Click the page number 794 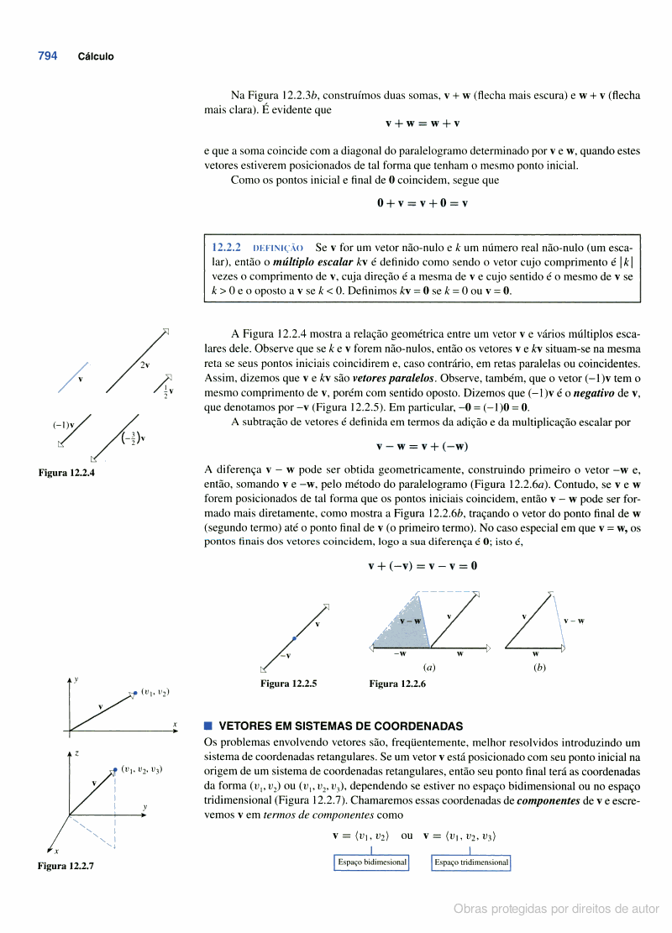click(47, 56)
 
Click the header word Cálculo click(96, 57)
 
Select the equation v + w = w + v click(423, 123)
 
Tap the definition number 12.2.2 click(227, 248)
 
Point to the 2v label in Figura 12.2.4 click(145, 364)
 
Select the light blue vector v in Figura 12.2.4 click(73, 376)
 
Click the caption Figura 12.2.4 click(66, 473)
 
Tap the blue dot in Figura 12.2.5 click(293, 638)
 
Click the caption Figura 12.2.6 click(397, 684)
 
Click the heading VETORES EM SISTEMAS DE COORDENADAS click(340, 726)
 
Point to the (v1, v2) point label click(156, 692)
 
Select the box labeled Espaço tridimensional click(471, 862)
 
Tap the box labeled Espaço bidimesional click(371, 862)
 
